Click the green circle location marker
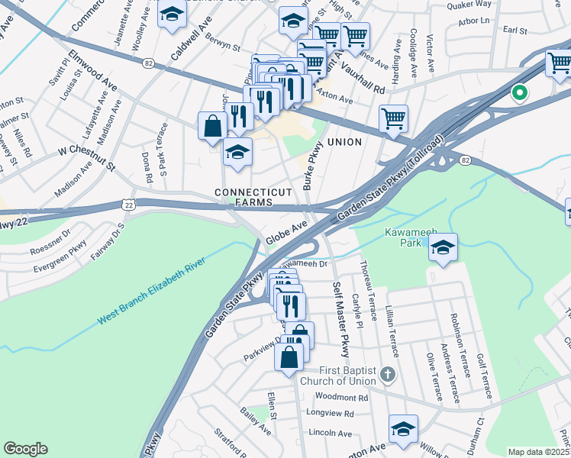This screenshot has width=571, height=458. [x=520, y=93]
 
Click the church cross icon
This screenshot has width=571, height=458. [x=388, y=374]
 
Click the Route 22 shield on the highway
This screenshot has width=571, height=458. [x=128, y=204]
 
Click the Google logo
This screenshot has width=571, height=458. [x=25, y=449]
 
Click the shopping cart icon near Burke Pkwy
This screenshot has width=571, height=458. [x=393, y=118]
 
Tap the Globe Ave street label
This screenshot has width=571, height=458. [x=286, y=233]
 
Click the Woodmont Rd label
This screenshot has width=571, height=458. [x=341, y=398]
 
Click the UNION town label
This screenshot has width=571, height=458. [x=344, y=142]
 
